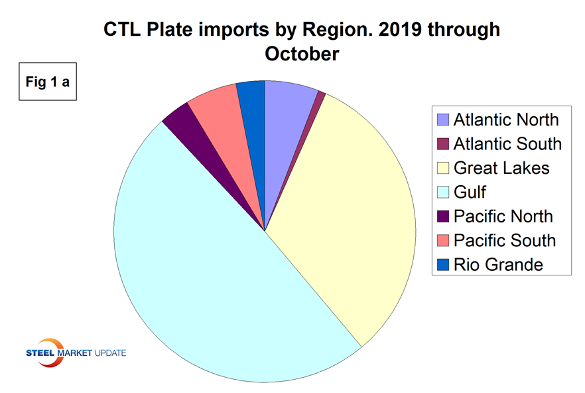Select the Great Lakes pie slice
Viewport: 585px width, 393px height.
click(x=345, y=212)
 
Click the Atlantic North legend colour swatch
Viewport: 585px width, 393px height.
click(x=442, y=119)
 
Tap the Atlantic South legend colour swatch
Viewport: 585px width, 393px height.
click(x=442, y=143)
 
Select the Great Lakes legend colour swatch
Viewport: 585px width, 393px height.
click(x=442, y=168)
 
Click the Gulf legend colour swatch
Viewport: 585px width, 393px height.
click(x=442, y=192)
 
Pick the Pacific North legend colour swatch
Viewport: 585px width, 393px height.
click(x=442, y=216)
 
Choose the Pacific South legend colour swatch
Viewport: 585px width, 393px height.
click(x=442, y=240)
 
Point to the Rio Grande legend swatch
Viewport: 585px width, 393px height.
click(x=442, y=264)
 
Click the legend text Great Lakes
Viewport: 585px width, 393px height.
click(x=501, y=168)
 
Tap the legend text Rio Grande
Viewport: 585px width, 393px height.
click(x=498, y=264)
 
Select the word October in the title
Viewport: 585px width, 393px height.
click(x=302, y=53)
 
